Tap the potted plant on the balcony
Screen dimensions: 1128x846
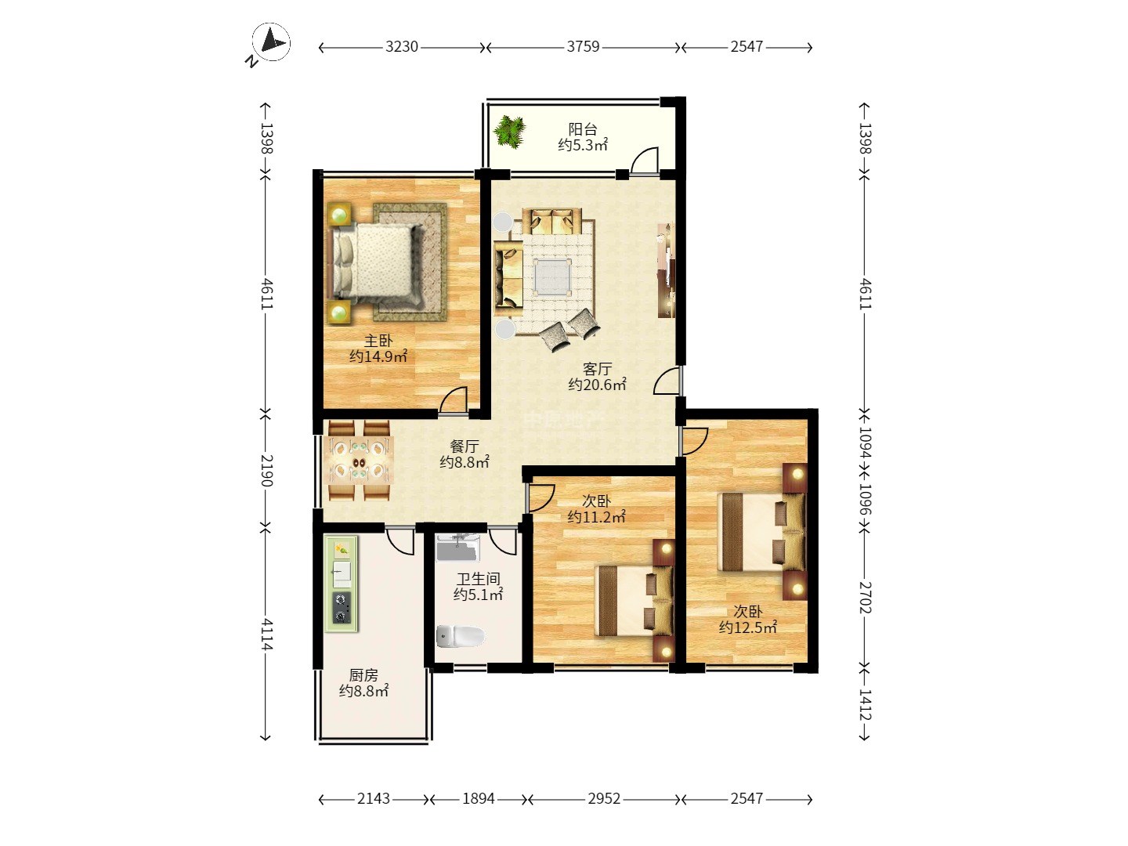510,132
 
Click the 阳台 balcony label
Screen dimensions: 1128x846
583,129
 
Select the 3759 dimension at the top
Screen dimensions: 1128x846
584,47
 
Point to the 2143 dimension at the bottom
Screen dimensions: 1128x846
374,799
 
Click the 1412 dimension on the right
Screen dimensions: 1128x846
866,705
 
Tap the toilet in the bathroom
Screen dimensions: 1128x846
461,636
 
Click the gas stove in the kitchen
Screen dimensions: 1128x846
342,608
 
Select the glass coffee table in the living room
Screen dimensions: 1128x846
553,277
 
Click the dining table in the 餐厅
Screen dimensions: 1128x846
360,461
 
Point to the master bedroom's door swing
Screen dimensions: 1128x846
452,399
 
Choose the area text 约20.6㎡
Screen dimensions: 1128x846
597,384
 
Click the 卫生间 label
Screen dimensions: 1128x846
479,579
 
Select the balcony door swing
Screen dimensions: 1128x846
645,161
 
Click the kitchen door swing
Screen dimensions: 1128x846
399,541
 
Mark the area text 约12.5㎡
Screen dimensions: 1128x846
748,627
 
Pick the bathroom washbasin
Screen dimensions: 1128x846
457,548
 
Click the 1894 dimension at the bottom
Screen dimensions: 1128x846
479,799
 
